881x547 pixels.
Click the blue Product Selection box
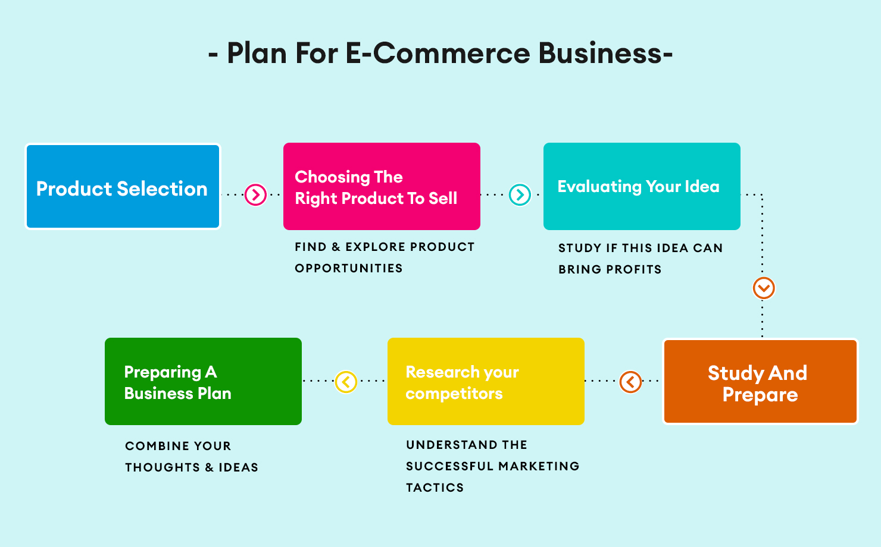[123, 186]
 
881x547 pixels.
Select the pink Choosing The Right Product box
[382, 186]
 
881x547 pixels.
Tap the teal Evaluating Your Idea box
[642, 186]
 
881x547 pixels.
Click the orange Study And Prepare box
[760, 382]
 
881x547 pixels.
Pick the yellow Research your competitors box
[486, 381]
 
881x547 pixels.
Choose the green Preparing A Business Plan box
[203, 381]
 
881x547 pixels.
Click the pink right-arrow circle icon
[256, 194]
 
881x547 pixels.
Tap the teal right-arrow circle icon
[520, 194]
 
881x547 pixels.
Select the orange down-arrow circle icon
[764, 288]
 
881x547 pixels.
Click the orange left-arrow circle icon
[630, 382]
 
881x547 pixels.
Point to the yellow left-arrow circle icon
[346, 382]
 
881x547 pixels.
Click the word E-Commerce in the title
[438, 53]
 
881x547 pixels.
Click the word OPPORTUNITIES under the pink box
[349, 268]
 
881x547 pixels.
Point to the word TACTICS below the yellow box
[435, 488]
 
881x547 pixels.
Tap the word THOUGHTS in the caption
[163, 467]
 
